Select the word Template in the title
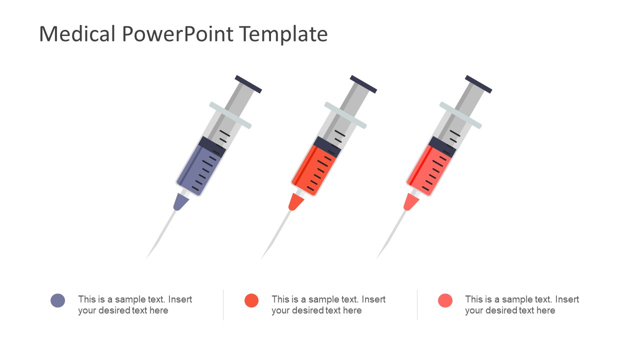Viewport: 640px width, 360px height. click(x=283, y=34)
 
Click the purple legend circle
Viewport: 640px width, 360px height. click(x=58, y=300)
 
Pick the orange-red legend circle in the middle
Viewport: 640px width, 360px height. click(x=251, y=300)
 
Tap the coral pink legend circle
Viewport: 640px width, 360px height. click(x=445, y=300)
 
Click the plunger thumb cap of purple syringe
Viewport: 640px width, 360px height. click(x=248, y=84)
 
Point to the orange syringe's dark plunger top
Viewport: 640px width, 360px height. click(x=363, y=84)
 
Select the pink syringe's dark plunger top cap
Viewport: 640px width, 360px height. click(x=478, y=84)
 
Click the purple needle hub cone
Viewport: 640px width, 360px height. click(x=180, y=201)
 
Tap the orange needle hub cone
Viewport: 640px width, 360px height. click(x=295, y=201)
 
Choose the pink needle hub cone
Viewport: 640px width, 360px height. click(x=410, y=201)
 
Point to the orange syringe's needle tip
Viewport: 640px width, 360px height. click(x=262, y=257)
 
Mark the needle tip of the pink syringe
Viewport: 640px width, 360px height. click(x=377, y=257)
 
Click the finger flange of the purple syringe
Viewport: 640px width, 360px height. click(x=230, y=115)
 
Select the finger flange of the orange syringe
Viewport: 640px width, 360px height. click(x=345, y=115)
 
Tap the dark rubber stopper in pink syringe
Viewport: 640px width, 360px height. click(x=442, y=147)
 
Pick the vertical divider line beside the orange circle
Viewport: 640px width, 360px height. click(x=223, y=304)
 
